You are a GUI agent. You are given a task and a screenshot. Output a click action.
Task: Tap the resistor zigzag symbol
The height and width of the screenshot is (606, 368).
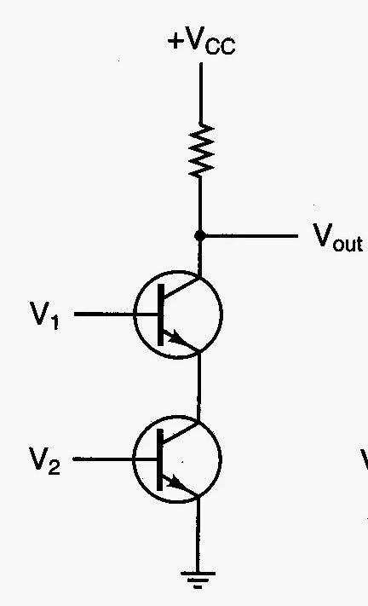(201, 150)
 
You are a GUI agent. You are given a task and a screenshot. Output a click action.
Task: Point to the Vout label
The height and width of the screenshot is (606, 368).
(337, 237)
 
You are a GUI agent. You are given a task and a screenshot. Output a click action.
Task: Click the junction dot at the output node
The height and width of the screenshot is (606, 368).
(199, 235)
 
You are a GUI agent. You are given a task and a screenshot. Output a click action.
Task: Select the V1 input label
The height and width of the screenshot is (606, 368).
(45, 315)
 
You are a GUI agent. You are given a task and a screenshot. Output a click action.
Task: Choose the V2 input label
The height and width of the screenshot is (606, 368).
(45, 460)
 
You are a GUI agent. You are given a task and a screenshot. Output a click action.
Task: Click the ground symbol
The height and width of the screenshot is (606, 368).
(198, 580)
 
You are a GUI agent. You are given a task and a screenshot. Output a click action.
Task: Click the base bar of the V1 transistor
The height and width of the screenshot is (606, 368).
(161, 315)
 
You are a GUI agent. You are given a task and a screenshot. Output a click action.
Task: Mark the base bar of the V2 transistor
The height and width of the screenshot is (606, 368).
(160, 459)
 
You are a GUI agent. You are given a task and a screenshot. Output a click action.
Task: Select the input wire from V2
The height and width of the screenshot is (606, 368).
(115, 459)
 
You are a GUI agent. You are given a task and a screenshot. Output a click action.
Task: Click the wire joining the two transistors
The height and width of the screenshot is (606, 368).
(198, 386)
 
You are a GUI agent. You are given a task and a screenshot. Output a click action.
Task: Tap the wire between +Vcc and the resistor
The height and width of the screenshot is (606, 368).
(200, 94)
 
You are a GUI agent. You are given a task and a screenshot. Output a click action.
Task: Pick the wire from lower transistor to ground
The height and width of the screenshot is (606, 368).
(198, 534)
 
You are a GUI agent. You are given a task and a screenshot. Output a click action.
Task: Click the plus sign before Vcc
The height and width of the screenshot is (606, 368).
(175, 41)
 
